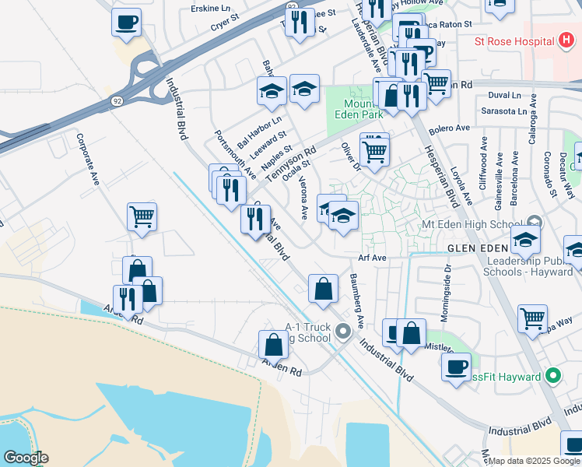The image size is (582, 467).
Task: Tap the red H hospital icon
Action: (x=565, y=41)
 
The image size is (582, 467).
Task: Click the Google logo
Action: (x=25, y=458)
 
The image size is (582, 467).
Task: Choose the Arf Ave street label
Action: (x=372, y=258)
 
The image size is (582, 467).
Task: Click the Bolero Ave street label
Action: (x=451, y=128)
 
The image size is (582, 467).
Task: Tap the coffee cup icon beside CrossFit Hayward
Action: (x=456, y=365)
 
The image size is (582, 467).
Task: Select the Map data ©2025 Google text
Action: (x=534, y=460)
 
